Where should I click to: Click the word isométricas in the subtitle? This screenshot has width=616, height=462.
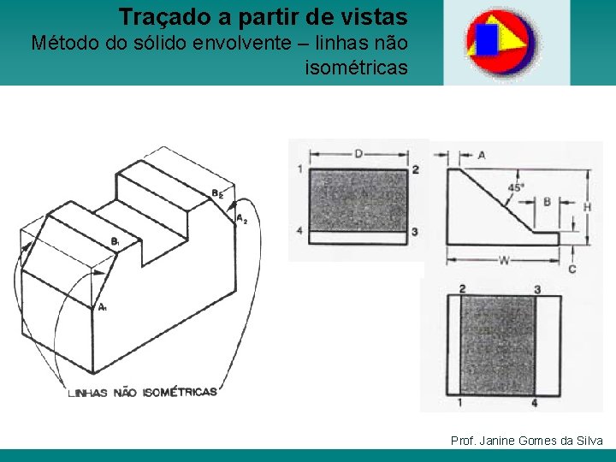pyautogui.click(x=356, y=67)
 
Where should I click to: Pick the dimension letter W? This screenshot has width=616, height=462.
pyautogui.click(x=504, y=259)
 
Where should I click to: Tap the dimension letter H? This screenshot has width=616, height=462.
pyautogui.click(x=587, y=206)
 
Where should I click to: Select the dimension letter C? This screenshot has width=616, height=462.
pyautogui.click(x=572, y=269)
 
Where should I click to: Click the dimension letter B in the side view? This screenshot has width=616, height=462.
pyautogui.click(x=547, y=203)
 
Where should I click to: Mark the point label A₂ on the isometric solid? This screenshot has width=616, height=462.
pyautogui.click(x=241, y=218)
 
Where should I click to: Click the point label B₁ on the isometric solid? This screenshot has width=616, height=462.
pyautogui.click(x=115, y=242)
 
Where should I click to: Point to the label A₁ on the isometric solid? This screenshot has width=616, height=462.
pyautogui.click(x=102, y=307)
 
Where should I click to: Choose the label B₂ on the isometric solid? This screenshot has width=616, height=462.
pyautogui.click(x=217, y=194)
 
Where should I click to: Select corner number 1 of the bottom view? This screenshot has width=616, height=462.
pyautogui.click(x=460, y=402)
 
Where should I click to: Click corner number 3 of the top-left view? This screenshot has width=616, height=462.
pyautogui.click(x=415, y=232)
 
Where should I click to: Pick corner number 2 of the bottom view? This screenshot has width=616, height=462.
pyautogui.click(x=462, y=289)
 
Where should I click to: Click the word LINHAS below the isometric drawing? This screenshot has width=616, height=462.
pyautogui.click(x=88, y=393)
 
